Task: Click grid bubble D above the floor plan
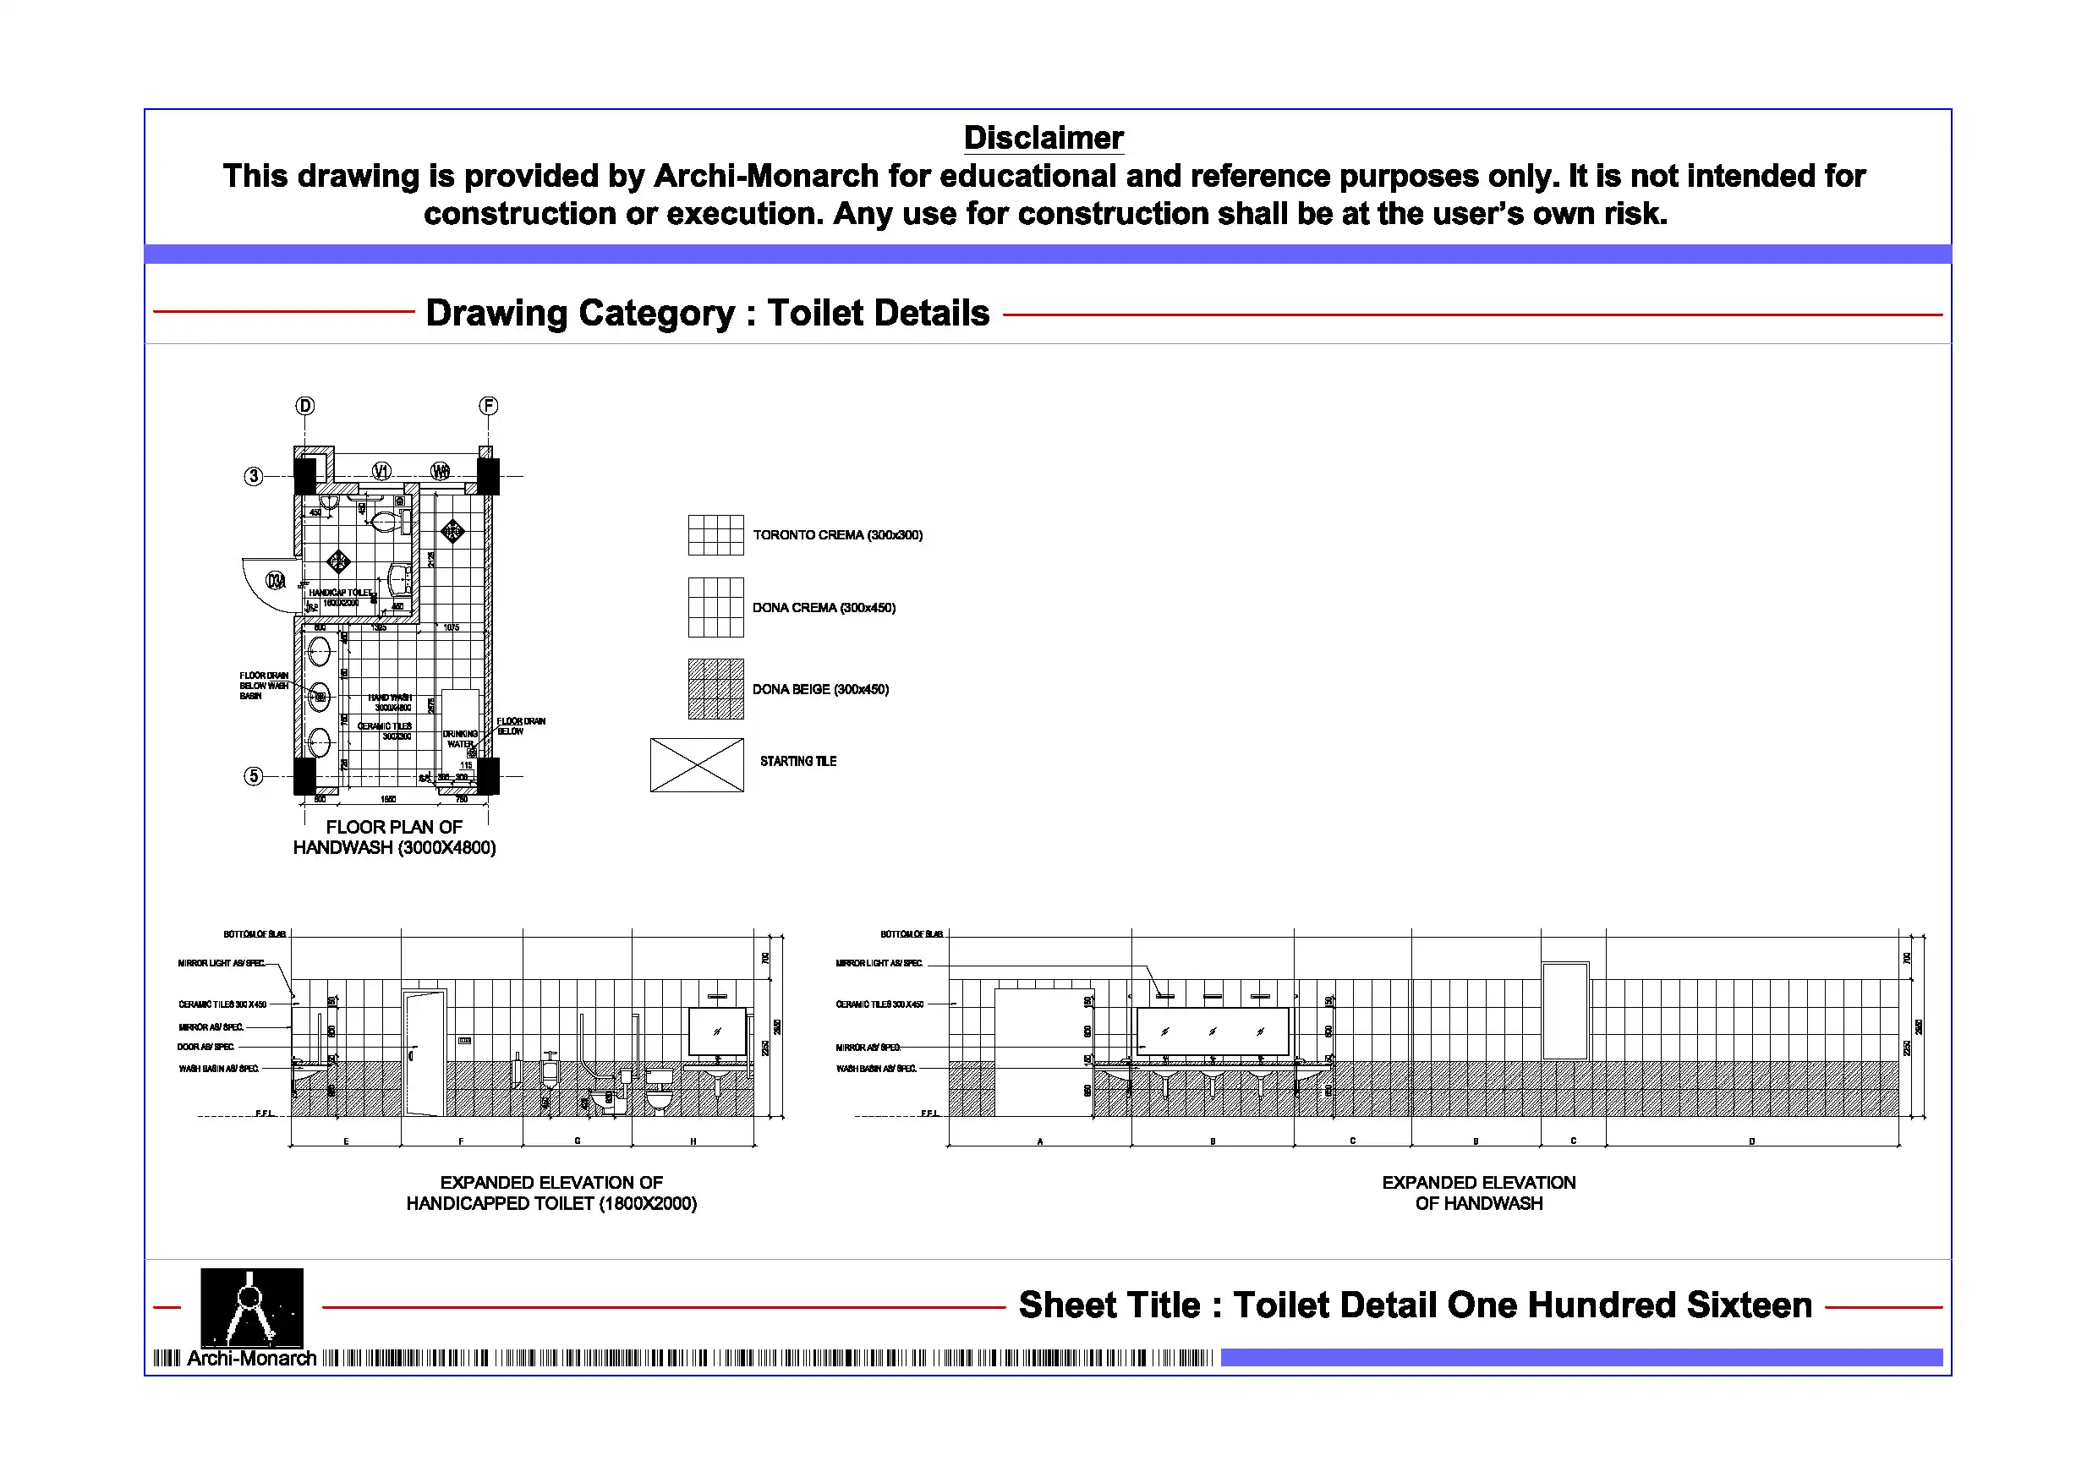(x=305, y=406)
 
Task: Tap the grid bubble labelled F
(x=489, y=406)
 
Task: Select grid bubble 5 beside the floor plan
(x=253, y=776)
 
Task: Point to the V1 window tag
(x=381, y=471)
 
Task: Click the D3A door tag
(x=275, y=580)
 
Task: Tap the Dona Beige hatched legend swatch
(x=715, y=689)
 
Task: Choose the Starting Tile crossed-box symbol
(x=696, y=765)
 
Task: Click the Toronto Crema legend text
(x=837, y=534)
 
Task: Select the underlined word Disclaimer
(x=1044, y=138)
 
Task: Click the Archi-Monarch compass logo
(x=251, y=1308)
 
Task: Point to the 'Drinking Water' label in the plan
(x=460, y=738)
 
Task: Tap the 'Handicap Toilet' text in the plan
(x=340, y=592)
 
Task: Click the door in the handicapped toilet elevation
(x=425, y=1053)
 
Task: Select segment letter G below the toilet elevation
(x=578, y=1141)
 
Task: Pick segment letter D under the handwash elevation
(x=1751, y=1141)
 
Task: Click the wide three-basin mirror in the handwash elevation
(x=1212, y=1031)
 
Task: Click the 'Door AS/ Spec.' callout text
(x=205, y=1047)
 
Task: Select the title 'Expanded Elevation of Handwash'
(x=1478, y=1192)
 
